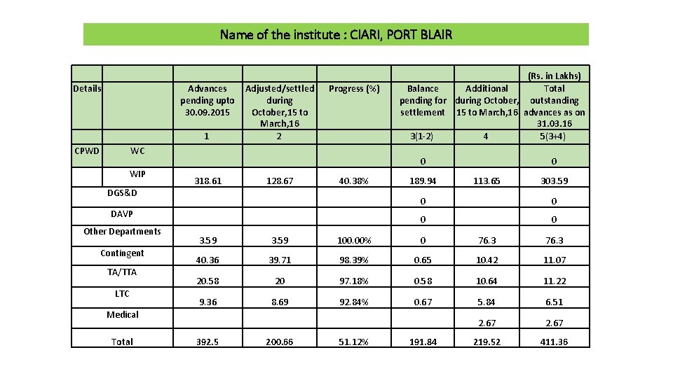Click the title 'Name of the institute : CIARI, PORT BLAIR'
[336, 34]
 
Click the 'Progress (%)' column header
[354, 89]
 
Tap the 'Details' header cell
[87, 88]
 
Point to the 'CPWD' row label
[88, 151]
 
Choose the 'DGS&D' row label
[123, 192]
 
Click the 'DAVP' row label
[122, 213]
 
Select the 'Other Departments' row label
[122, 232]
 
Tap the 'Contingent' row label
[122, 253]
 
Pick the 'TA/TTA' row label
[122, 272]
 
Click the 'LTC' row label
[122, 293]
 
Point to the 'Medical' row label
[123, 314]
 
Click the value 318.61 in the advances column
[207, 181]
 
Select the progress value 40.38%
[354, 181]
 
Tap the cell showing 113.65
[486, 181]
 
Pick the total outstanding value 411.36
[554, 342]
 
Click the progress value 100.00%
[354, 241]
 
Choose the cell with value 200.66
[279, 342]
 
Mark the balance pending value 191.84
[422, 342]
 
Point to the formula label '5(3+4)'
[554, 136]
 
